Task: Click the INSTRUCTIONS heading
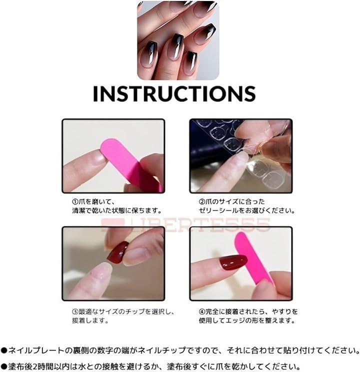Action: (x=174, y=93)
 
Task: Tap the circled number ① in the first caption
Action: (x=75, y=202)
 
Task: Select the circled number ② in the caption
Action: (x=201, y=202)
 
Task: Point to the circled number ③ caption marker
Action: (x=75, y=311)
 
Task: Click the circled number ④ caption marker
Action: (x=201, y=311)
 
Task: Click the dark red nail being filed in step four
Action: (x=232, y=262)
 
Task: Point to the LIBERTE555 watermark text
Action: (x=185, y=224)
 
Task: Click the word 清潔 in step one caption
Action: (x=78, y=210)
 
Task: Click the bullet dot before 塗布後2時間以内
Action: (x=4, y=366)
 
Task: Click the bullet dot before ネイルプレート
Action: (x=4, y=350)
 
